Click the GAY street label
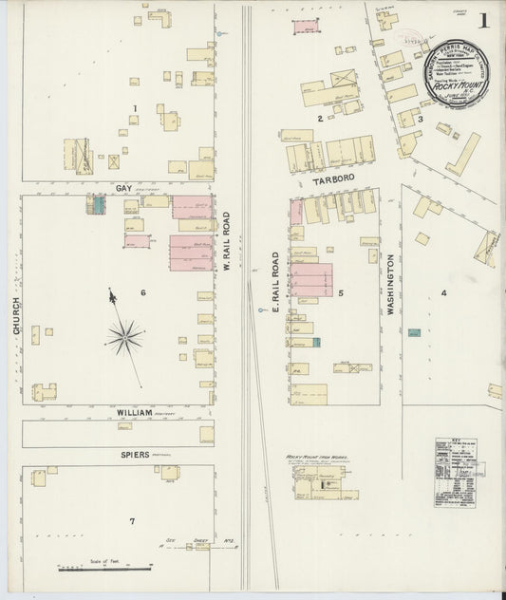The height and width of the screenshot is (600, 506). pyautogui.click(x=123, y=188)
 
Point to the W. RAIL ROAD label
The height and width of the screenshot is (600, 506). pyautogui.click(x=227, y=240)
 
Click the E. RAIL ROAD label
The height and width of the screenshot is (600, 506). pyautogui.click(x=276, y=283)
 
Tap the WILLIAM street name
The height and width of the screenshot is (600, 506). pyautogui.click(x=135, y=413)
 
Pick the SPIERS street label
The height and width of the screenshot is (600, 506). pyautogui.click(x=134, y=455)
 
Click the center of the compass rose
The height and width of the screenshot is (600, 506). pyautogui.click(x=124, y=335)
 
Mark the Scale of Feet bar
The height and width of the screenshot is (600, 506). pyautogui.click(x=104, y=568)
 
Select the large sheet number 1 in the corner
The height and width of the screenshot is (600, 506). pyautogui.click(x=484, y=20)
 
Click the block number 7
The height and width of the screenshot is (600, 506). pyautogui.click(x=132, y=521)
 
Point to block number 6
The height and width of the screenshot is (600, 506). pyautogui.click(x=143, y=291)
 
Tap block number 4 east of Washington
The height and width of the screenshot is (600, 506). pyautogui.click(x=442, y=292)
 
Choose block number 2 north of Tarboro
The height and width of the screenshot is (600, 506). pyautogui.click(x=320, y=118)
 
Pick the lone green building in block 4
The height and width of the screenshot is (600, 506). pyautogui.click(x=414, y=332)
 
